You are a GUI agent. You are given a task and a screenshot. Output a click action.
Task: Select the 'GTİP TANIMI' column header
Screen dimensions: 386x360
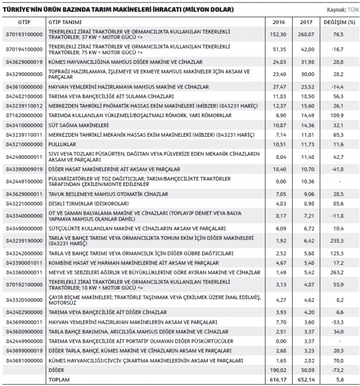pyautogui.click(x=65, y=22)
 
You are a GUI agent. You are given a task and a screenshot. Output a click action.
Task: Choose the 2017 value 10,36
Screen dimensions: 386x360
pyautogui.click(x=307, y=181)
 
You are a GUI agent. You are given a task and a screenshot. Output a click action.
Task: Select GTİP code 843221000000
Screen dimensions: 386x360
pyautogui.click(x=24, y=203)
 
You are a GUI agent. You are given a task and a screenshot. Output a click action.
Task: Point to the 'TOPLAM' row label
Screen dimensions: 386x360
pyautogui.click(x=59, y=379)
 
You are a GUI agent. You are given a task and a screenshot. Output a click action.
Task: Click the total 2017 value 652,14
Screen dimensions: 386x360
pyautogui.click(x=306, y=379)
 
